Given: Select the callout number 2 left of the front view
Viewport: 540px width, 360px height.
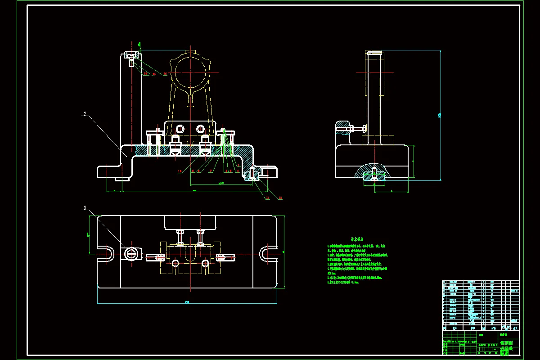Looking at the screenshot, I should click(85, 114).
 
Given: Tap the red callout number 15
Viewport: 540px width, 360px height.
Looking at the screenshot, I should click(165, 73).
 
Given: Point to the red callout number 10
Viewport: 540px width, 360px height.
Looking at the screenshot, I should click(179, 171).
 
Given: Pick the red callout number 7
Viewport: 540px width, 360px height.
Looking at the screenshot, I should click(211, 171).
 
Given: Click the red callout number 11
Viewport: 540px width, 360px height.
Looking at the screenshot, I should click(267, 198).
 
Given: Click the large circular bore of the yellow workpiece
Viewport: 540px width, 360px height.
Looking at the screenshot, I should click(191, 72).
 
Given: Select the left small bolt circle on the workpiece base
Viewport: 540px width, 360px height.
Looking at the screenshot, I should click(180, 129).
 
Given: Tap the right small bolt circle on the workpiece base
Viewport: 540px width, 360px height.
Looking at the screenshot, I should click(201, 129).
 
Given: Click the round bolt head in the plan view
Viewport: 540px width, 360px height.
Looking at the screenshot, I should click(131, 254).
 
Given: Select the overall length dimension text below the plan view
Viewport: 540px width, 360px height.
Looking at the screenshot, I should click(187, 302).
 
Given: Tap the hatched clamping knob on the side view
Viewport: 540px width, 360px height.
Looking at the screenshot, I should click(342, 128).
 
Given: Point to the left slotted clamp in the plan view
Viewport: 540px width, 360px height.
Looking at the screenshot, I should click(155, 257).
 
